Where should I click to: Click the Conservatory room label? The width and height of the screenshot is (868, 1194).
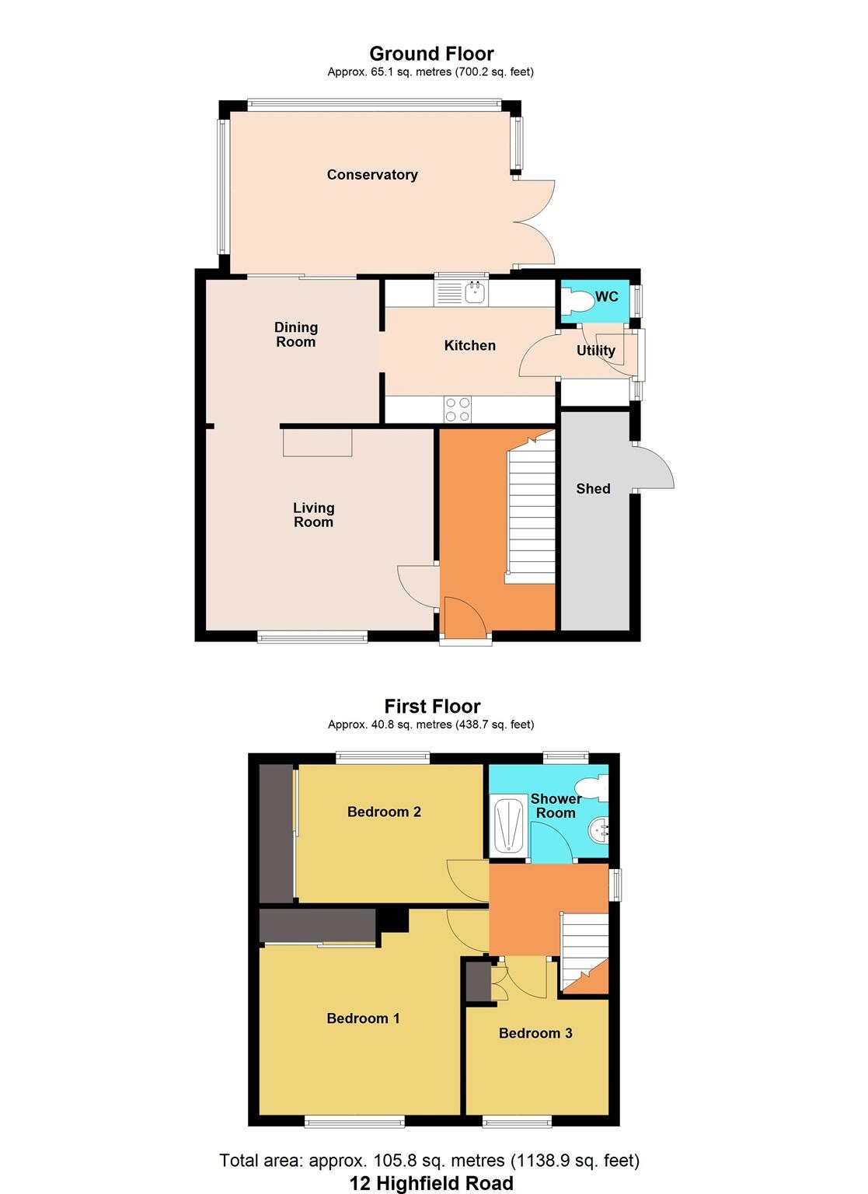coord(372,175)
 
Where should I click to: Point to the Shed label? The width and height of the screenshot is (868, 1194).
coord(593,489)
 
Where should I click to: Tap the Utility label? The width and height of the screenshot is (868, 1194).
coord(595,351)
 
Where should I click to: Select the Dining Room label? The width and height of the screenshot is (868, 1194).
coord(296,334)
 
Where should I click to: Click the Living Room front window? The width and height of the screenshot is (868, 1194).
coord(312,637)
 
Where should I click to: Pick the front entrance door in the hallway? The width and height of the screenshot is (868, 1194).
coord(464,616)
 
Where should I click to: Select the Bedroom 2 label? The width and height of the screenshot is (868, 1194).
coord(384,812)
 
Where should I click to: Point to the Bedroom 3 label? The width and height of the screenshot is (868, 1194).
coord(535,1033)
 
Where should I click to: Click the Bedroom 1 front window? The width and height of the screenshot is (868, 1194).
coord(354,1120)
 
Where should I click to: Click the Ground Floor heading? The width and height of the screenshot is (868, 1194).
coord(431,54)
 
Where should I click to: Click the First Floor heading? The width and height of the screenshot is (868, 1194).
coord(432,707)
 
